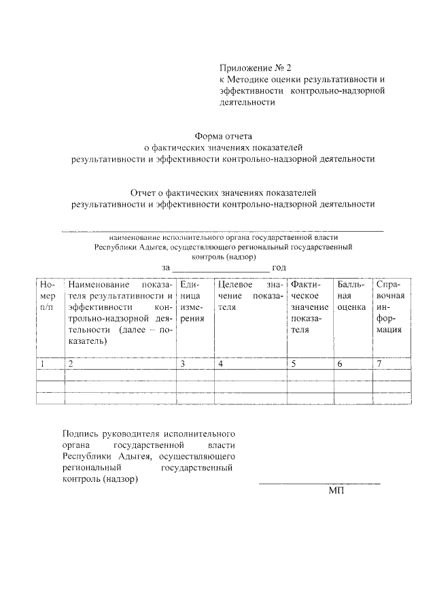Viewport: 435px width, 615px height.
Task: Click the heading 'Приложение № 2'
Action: [254, 68]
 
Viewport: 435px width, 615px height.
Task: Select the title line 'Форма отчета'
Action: [224, 135]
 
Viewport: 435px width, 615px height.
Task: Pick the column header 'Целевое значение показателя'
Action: [248, 296]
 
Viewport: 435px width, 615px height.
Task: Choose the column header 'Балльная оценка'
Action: [351, 296]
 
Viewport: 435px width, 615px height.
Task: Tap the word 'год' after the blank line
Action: [279, 268]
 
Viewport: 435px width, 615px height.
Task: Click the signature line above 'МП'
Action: [319, 484]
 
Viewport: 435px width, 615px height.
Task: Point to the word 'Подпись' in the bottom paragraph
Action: [79, 433]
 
